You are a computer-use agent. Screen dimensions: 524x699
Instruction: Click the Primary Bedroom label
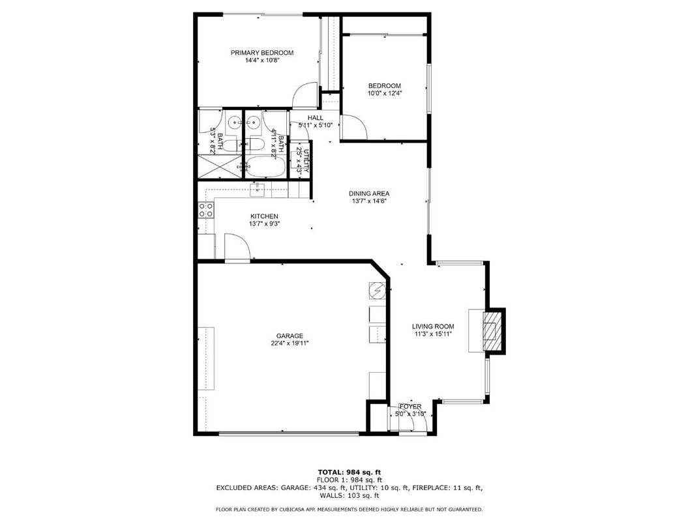coord(262,53)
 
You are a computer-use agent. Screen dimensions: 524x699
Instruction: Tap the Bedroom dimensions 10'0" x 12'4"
coord(385,93)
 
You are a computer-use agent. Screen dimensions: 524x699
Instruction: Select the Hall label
coord(316,118)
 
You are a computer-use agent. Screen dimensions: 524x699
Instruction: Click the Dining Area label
coord(369,194)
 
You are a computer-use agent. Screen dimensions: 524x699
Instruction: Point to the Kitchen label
coord(264,216)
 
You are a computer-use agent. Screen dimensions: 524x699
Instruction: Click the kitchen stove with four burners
coord(205,210)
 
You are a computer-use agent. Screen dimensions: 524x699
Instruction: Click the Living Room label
coord(433,327)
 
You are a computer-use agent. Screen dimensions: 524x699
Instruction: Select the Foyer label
coord(411,407)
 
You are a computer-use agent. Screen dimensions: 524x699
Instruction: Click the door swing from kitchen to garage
coord(236,248)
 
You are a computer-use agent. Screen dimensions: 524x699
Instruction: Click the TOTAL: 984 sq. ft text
coord(349,471)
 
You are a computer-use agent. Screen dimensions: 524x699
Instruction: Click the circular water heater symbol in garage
coord(378,290)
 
